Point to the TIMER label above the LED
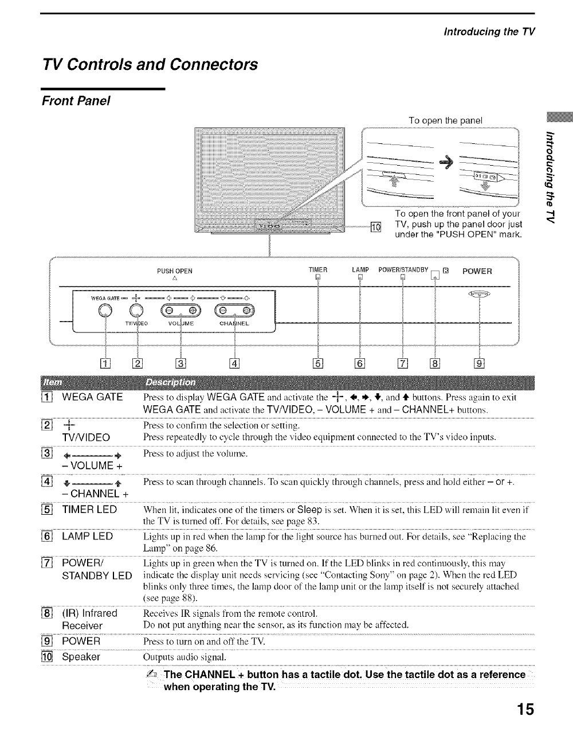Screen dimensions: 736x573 click(x=317, y=271)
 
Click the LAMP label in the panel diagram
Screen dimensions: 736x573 click(x=360, y=271)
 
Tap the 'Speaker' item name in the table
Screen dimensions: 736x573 click(x=81, y=656)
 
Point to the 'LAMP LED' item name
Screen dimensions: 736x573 click(x=87, y=537)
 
